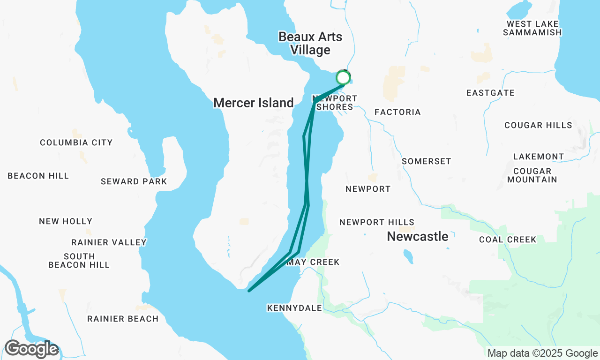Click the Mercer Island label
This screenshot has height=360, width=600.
(x=254, y=103)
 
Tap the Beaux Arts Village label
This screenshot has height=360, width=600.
(x=310, y=43)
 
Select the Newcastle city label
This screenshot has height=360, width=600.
(x=417, y=237)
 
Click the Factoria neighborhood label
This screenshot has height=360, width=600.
(x=397, y=112)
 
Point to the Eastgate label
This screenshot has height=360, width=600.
(x=490, y=93)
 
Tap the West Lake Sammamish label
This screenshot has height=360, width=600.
(x=532, y=28)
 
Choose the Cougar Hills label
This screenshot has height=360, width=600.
(x=538, y=125)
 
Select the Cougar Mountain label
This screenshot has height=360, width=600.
(x=532, y=175)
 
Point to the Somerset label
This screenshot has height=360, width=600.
(x=426, y=161)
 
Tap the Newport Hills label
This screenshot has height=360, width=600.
(x=377, y=222)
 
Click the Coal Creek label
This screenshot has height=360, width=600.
(x=508, y=240)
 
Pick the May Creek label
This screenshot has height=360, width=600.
(x=313, y=262)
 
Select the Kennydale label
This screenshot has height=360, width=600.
(x=294, y=308)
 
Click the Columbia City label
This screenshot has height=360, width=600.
(x=76, y=142)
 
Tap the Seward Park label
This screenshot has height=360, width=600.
(x=134, y=181)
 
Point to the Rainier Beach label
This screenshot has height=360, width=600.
(x=123, y=319)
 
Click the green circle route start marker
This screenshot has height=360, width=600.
(x=343, y=77)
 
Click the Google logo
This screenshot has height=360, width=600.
(x=31, y=349)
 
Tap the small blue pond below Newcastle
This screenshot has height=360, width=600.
(x=408, y=256)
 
